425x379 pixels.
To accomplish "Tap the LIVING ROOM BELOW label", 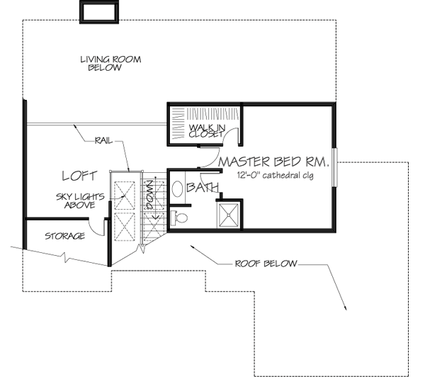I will tap(110, 64).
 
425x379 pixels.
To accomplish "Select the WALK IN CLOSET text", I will tap(206, 130).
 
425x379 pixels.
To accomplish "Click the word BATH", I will tap(203, 187).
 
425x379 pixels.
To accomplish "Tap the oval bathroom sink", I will tap(178, 189).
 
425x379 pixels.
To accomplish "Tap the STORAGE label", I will tap(65, 236).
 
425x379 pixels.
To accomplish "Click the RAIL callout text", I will tap(103, 141).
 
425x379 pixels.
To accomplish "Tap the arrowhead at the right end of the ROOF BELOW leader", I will tap(344, 307).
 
